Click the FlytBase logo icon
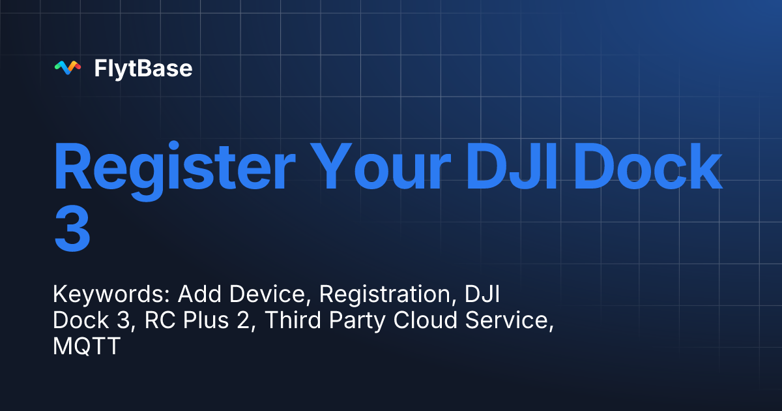[67, 68]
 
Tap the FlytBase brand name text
[143, 68]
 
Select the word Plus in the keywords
[190, 322]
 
